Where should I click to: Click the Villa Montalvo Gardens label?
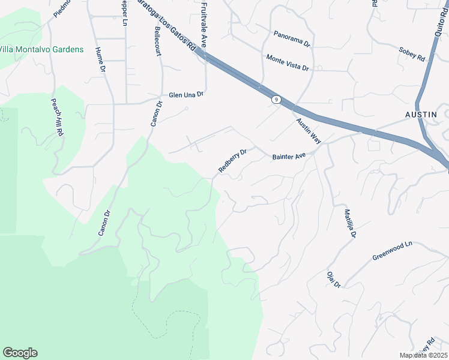coord(41,49)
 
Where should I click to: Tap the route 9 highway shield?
coord(275,100)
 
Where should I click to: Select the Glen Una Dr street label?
coord(186,95)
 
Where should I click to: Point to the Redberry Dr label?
coord(232,161)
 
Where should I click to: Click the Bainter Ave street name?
coord(289,156)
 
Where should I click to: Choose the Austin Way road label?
coord(309,130)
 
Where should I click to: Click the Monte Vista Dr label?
coord(288,62)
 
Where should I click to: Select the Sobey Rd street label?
coord(412,54)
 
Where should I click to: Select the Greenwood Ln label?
coord(393,251)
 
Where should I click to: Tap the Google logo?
coord(20,353)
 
